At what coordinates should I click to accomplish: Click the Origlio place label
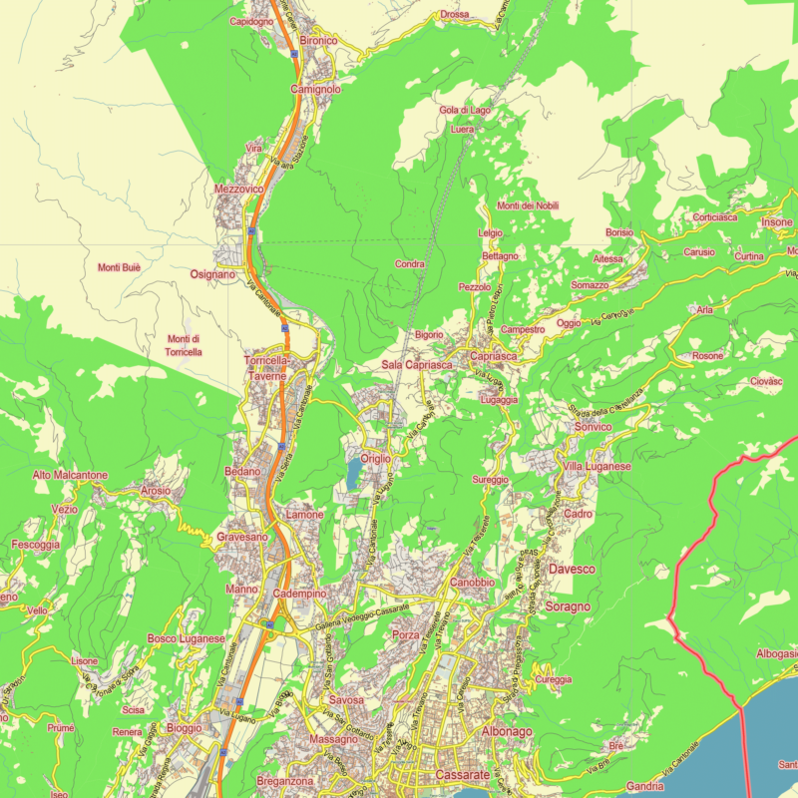click(x=376, y=458)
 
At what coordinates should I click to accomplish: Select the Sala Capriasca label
click(x=416, y=365)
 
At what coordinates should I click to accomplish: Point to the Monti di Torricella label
click(x=184, y=345)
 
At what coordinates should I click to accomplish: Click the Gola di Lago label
click(x=464, y=110)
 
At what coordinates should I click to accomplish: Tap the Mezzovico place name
click(x=238, y=188)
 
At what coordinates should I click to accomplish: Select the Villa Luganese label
click(x=597, y=467)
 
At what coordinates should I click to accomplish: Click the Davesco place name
click(x=572, y=569)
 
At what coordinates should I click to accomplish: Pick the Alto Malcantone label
click(x=70, y=476)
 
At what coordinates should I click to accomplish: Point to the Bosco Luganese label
click(x=187, y=638)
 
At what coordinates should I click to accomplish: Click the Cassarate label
click(x=463, y=775)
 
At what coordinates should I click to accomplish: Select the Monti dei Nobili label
click(x=528, y=205)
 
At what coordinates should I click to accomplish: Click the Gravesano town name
click(x=242, y=538)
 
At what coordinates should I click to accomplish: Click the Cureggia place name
click(x=554, y=679)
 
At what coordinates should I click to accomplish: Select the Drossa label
click(x=454, y=15)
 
